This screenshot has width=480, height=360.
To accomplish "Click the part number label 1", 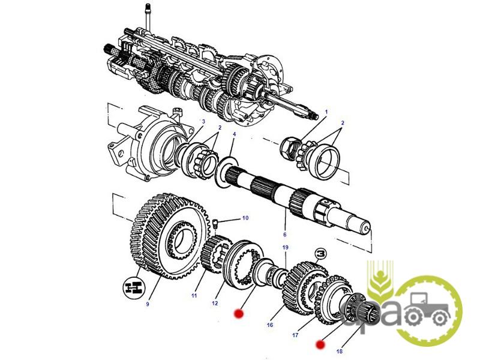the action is tap(326, 112).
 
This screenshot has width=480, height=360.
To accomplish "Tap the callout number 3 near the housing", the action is tap(203, 121).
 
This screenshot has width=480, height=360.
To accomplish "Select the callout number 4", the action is tap(234, 134).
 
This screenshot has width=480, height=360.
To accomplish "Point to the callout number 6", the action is tap(284, 235).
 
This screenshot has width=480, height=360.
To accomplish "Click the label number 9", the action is tap(148, 304).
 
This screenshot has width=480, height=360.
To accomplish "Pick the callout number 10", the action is tap(245, 218).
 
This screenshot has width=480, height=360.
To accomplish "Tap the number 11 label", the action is tap(194, 295).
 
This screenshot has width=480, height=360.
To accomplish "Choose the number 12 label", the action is tap(215, 303).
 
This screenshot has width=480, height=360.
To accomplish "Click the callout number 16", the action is tap(269, 325).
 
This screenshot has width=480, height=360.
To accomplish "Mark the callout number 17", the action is tap(295, 335).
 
